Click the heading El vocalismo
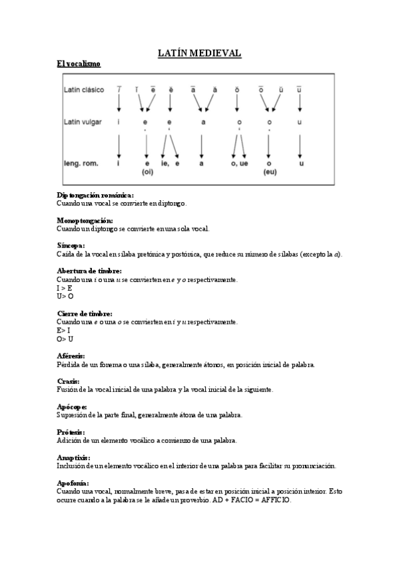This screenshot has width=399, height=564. (x=79, y=65)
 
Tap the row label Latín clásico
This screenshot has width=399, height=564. (x=84, y=90)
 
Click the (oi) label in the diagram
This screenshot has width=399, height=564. (x=148, y=172)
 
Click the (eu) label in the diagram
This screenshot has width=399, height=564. (x=270, y=172)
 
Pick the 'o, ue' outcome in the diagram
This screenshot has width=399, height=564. (x=239, y=163)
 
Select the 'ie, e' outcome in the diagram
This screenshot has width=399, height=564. (x=171, y=163)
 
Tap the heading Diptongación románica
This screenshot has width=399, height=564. (x=95, y=195)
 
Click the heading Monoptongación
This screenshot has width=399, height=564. (x=85, y=220)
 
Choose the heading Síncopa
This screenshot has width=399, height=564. (x=71, y=245)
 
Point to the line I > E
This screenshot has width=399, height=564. (x=65, y=288)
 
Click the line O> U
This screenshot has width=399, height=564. (x=65, y=339)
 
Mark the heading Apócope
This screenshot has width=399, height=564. (x=73, y=406)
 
